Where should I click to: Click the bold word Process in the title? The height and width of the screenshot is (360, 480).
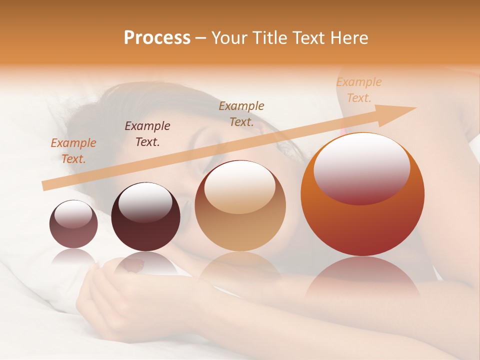point(157,37)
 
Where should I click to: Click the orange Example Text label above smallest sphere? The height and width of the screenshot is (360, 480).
point(73,150)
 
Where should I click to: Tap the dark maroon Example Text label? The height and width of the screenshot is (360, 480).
point(147,133)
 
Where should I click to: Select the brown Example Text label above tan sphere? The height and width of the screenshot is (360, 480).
point(241,113)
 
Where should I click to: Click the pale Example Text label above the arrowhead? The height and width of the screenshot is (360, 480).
point(359,90)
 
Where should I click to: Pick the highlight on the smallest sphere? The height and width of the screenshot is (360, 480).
point(73,215)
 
